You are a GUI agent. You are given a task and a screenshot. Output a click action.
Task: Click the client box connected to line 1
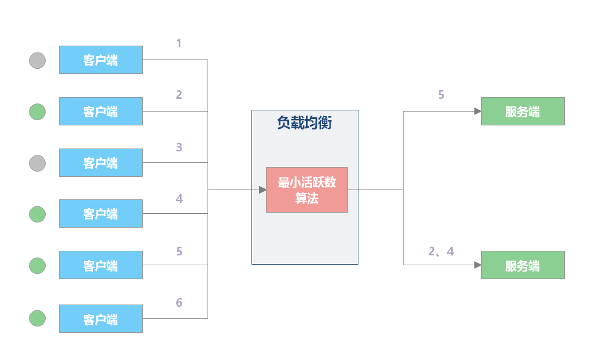click(x=101, y=60)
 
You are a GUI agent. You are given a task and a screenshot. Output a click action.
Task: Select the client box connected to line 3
click(x=101, y=162)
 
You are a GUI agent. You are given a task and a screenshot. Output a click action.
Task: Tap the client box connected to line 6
click(x=101, y=318)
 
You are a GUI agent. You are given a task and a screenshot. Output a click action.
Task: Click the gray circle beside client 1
click(x=38, y=60)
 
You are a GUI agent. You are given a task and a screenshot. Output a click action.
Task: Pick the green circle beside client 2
click(x=38, y=112)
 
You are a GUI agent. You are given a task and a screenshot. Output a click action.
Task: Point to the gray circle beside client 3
click(x=38, y=163)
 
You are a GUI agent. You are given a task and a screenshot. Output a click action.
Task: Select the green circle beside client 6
click(x=38, y=318)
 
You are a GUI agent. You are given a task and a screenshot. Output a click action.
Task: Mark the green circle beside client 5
click(x=38, y=265)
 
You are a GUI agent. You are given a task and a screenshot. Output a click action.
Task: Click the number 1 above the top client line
click(x=179, y=43)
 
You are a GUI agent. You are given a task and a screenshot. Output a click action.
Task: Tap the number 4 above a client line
click(x=179, y=199)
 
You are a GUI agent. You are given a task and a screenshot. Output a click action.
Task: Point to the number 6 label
click(x=179, y=303)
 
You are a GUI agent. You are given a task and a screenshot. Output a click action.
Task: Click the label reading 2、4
click(x=441, y=251)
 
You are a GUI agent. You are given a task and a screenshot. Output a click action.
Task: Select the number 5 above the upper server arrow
click(x=441, y=95)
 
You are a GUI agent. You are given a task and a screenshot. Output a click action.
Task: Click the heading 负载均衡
click(x=304, y=123)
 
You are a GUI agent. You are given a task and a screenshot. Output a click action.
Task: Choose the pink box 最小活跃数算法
click(x=306, y=190)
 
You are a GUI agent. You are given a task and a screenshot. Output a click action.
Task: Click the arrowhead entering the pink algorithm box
click(x=262, y=190)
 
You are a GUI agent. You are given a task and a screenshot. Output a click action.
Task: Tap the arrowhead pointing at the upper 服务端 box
click(x=478, y=111)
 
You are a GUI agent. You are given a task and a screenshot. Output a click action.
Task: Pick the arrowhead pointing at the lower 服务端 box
click(x=478, y=265)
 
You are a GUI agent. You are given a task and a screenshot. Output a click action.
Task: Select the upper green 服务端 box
click(x=523, y=111)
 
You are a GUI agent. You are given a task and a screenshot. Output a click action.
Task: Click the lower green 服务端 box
click(x=523, y=265)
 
